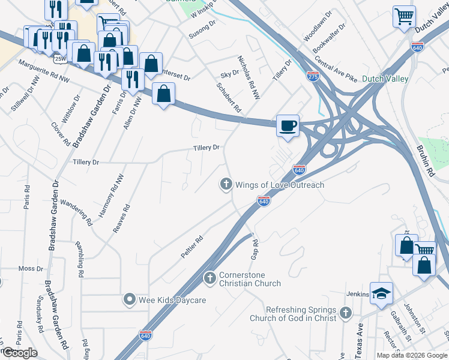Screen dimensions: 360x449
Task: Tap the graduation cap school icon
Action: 381,293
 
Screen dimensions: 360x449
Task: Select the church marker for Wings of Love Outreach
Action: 226,185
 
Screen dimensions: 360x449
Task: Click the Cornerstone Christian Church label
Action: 250,280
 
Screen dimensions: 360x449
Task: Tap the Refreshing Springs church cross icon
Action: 345,313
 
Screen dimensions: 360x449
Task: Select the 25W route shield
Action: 59,58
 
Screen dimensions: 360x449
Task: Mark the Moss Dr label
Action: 31,268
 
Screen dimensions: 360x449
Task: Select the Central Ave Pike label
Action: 336,71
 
